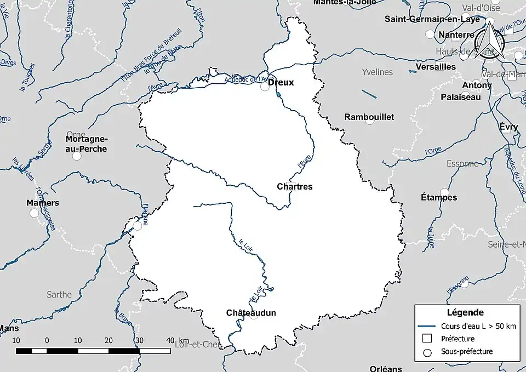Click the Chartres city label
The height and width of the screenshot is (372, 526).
click(295, 187)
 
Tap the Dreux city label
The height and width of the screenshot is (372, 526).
click(281, 83)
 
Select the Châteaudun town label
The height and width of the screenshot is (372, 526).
click(251, 313)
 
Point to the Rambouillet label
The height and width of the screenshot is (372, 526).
click(369, 117)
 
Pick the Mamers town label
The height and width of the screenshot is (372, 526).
click(43, 203)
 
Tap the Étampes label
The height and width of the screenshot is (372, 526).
click(438, 197)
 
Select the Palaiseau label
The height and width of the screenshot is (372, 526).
click(460, 97)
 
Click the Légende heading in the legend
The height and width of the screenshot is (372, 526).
click(465, 313)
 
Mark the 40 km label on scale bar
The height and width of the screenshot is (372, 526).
click(176, 340)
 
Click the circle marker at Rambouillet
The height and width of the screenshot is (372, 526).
click(370, 121)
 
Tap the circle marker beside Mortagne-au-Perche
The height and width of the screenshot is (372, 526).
click(77, 156)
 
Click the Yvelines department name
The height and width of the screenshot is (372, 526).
click(378, 72)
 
